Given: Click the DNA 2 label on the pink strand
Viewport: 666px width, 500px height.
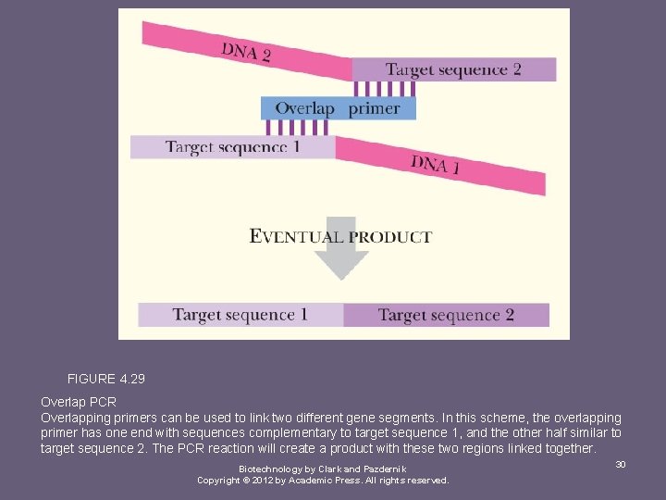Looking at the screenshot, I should [x=246, y=51].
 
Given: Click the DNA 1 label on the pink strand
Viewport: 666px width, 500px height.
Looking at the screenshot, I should [x=436, y=166].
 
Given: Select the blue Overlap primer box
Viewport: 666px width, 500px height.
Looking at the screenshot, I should [x=338, y=108].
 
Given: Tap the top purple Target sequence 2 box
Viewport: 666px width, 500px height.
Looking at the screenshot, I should [x=453, y=69].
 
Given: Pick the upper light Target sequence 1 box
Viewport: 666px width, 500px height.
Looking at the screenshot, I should [x=232, y=147].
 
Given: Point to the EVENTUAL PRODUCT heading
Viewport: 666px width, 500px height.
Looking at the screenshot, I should [x=340, y=236].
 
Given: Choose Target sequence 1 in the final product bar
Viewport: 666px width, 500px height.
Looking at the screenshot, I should [x=240, y=315].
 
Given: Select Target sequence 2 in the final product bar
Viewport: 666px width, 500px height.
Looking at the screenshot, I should [x=446, y=315].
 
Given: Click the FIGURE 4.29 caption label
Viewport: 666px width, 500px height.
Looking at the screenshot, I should [x=106, y=379].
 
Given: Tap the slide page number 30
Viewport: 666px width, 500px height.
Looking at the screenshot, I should [x=621, y=464].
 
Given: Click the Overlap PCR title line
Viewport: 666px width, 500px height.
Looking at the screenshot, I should [x=79, y=403].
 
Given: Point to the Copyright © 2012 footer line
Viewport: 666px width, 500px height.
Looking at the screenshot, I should [x=323, y=481].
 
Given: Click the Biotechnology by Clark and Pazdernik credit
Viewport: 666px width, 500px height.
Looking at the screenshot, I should [x=322, y=469].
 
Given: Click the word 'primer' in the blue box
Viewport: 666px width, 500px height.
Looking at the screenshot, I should [x=375, y=108].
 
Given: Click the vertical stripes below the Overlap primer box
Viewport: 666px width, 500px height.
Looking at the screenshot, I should [x=297, y=128].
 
